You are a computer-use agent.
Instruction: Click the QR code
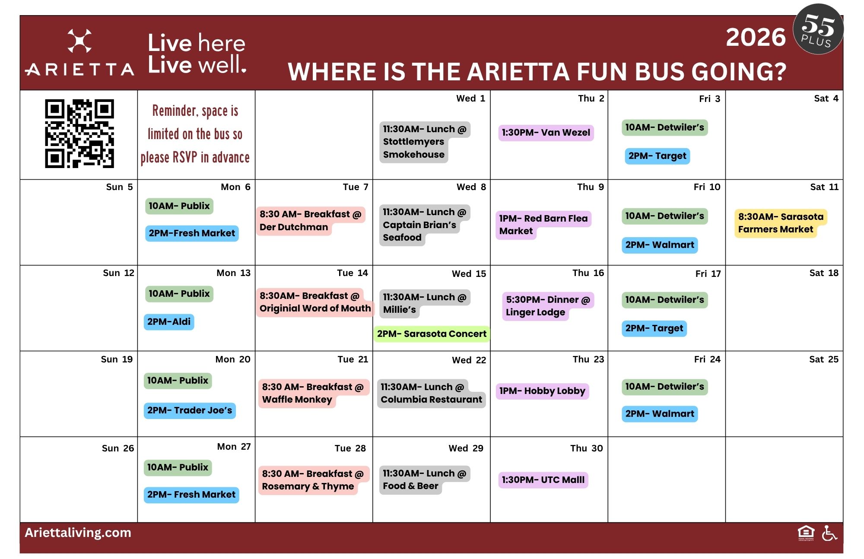(x=79, y=133)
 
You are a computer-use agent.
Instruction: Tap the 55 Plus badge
(x=818, y=29)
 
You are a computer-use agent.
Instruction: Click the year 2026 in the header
(x=756, y=37)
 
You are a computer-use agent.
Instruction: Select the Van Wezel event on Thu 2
(x=546, y=133)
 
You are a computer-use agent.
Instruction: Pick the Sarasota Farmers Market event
(x=781, y=223)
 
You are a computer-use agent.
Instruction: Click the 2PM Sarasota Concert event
(x=432, y=334)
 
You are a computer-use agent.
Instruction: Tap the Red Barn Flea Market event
(x=543, y=225)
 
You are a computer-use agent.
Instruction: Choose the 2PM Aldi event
(x=169, y=322)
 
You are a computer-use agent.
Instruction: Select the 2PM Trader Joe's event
(x=190, y=410)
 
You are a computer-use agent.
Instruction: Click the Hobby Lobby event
(x=542, y=391)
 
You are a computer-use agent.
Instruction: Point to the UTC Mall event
(x=543, y=480)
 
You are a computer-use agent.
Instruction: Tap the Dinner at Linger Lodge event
(x=548, y=306)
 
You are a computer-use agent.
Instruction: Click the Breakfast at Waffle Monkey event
(x=313, y=393)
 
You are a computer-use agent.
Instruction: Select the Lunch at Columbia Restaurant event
(x=431, y=393)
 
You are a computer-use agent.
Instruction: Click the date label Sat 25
(x=824, y=359)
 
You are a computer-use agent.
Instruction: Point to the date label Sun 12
(x=118, y=273)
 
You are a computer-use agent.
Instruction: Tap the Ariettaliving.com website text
(x=78, y=533)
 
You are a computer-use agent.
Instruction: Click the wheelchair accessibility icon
(x=829, y=533)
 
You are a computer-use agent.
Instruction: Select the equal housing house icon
(x=806, y=533)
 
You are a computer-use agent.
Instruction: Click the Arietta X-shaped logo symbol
(x=79, y=41)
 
